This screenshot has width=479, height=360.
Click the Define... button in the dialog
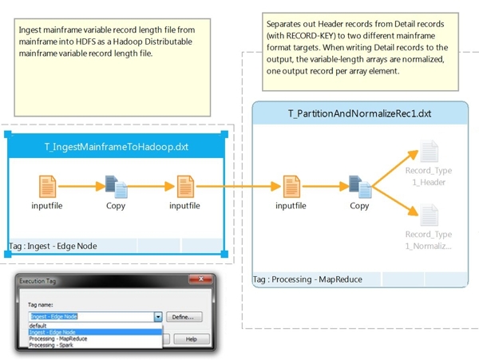(184, 317)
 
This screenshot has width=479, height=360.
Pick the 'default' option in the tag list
(39, 326)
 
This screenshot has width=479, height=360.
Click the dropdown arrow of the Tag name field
(159, 317)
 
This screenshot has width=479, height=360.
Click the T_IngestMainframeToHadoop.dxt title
(117, 147)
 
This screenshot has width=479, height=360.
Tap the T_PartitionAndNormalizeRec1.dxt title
(359, 113)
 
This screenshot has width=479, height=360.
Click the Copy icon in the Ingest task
(117, 188)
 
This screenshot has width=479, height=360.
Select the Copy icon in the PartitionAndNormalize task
(360, 188)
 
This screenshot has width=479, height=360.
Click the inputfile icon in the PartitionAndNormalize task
(291, 188)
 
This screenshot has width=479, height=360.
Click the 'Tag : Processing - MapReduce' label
(307, 279)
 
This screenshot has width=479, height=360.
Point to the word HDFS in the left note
(82, 41)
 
